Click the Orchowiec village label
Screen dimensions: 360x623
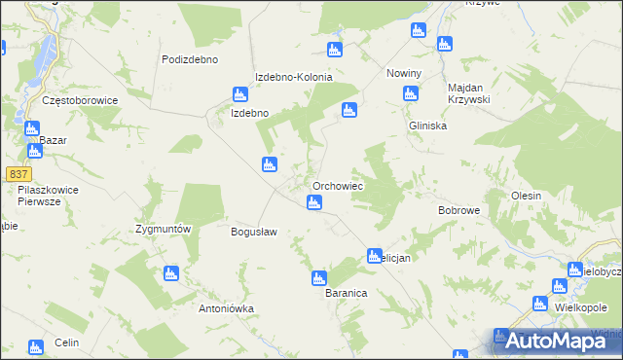[338, 185]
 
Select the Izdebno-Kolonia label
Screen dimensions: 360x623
[294, 78]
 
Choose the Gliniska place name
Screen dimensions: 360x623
[427, 126]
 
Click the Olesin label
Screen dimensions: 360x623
[526, 196]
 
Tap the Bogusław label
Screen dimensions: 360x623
[254, 233]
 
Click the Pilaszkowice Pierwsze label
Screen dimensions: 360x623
[48, 195]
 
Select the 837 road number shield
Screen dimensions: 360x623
[18, 173]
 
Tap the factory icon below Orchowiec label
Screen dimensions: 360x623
[313, 202]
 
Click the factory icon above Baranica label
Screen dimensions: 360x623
[317, 277]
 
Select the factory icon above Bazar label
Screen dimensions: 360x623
[31, 128]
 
